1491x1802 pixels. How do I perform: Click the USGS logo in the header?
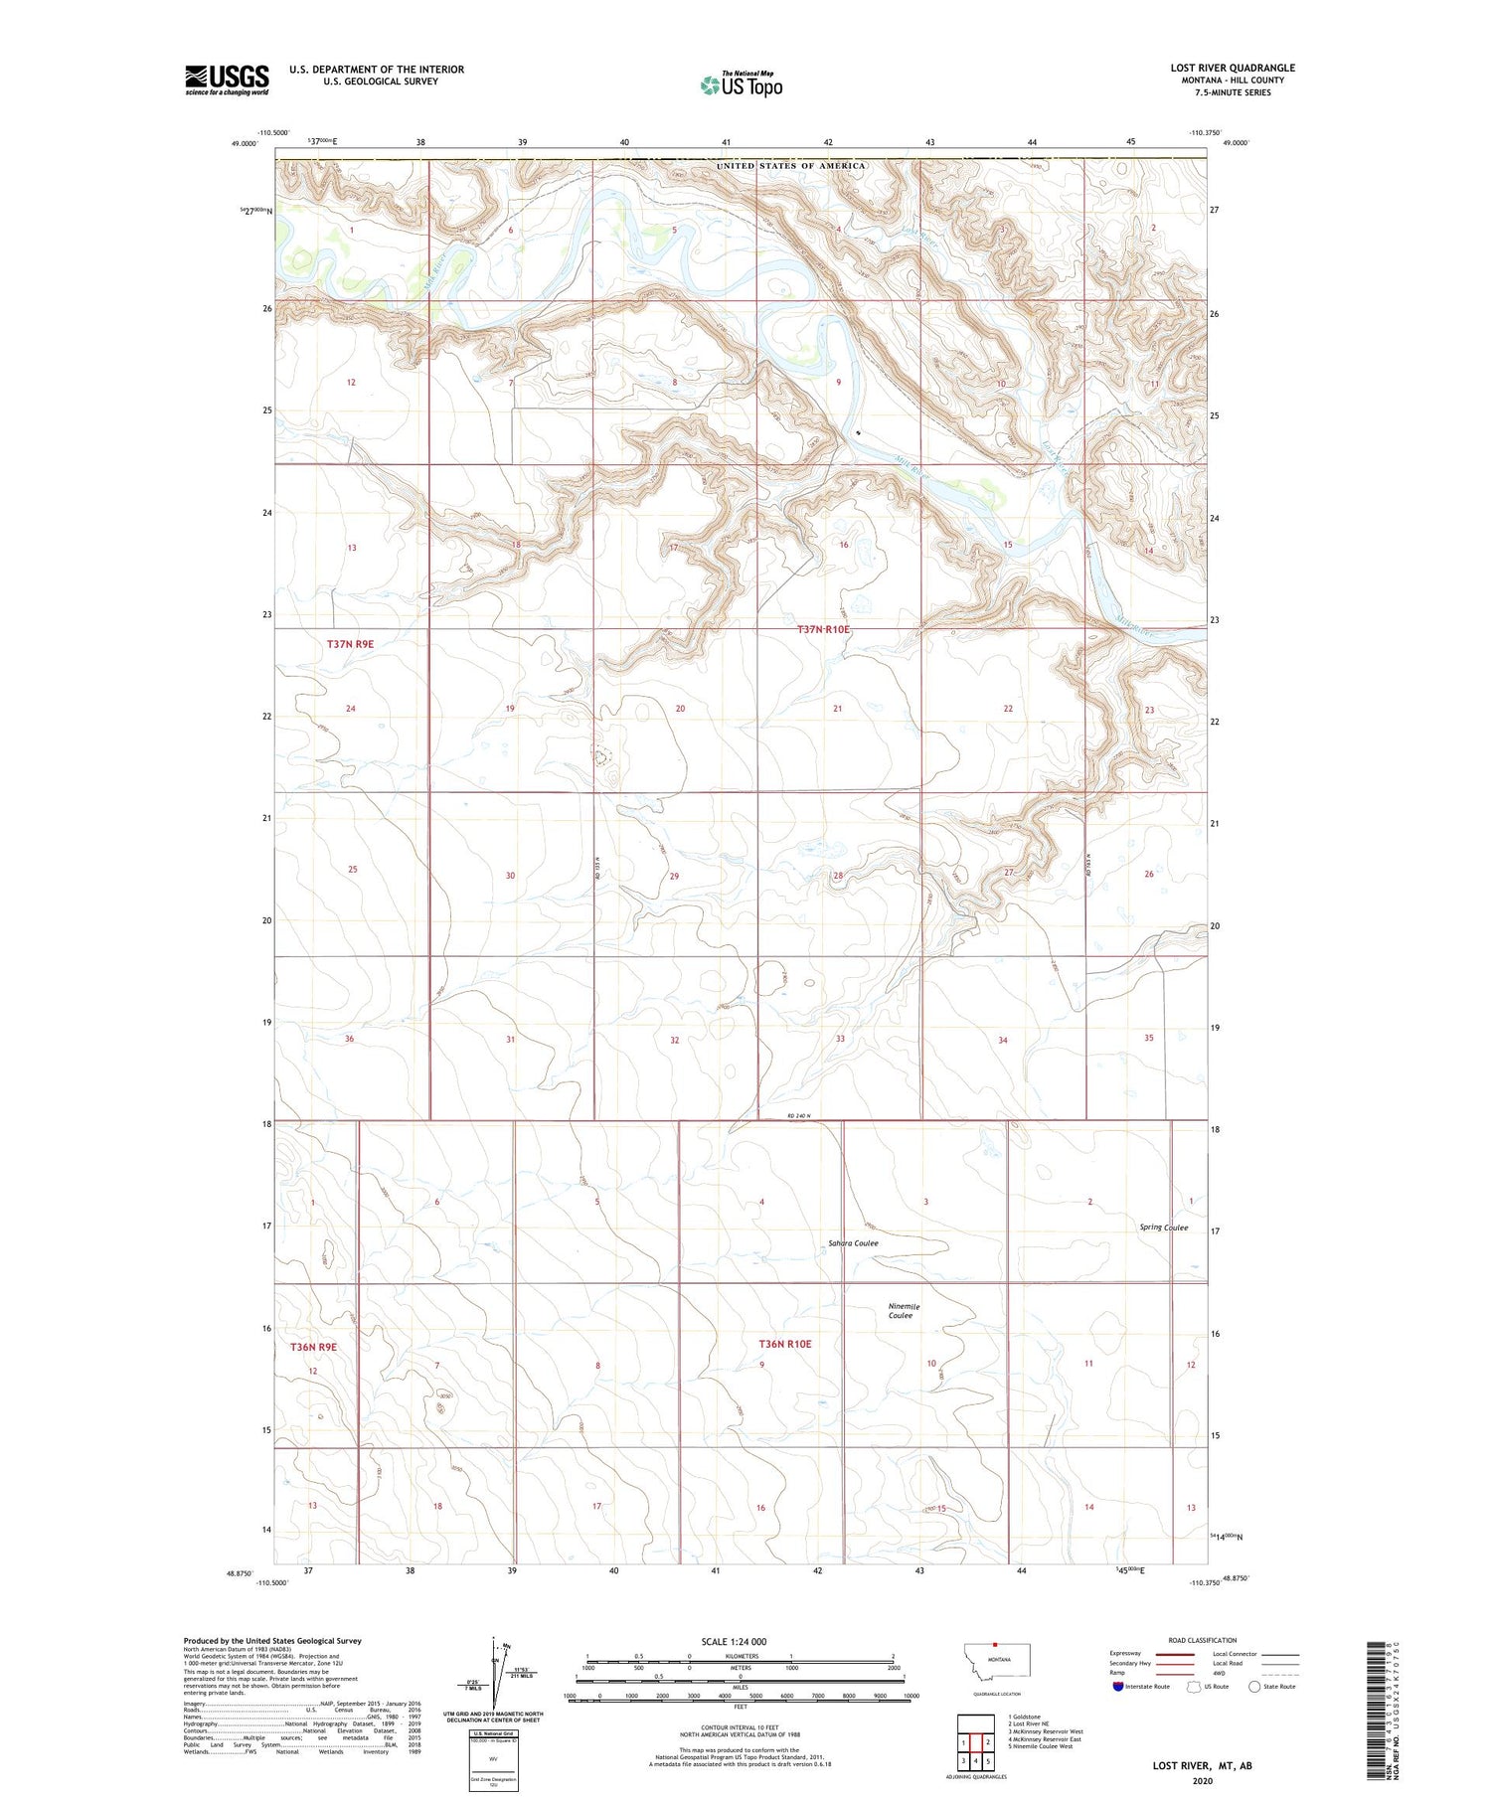coord(227,80)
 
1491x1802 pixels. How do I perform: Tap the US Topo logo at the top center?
coord(742,84)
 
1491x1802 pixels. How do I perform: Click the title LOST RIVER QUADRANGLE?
coord(1233,69)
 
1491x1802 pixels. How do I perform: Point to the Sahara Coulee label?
coord(853,1243)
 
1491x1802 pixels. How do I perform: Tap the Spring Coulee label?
coord(1163,1228)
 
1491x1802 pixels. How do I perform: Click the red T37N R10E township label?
coord(824,629)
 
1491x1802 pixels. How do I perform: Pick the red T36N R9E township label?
coord(313,1347)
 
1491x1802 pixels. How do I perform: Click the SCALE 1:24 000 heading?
coord(734,1641)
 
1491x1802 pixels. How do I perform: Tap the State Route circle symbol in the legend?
coord(1254,1686)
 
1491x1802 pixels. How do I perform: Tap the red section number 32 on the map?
coord(674,1040)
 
